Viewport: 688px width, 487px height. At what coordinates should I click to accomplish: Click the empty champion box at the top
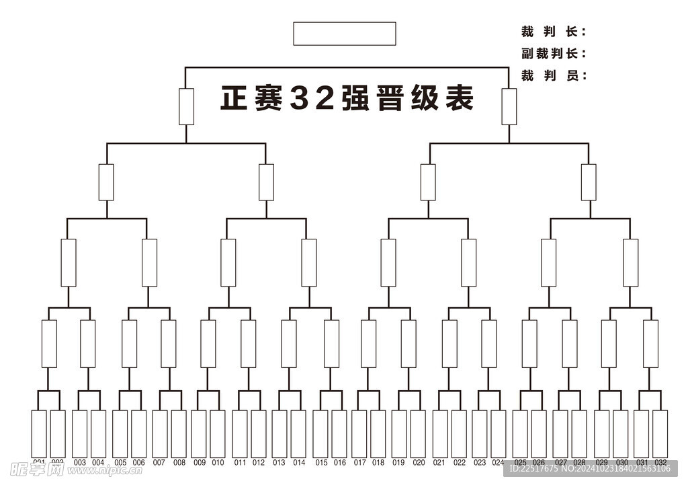(344, 34)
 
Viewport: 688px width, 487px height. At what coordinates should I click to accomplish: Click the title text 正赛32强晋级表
(347, 98)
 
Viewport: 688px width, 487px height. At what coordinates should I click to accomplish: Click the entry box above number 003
(79, 434)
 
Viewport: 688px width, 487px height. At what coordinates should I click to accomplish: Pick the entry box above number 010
(218, 434)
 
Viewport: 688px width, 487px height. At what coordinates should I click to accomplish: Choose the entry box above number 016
(339, 434)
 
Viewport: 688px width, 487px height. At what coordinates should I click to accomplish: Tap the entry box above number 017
(359, 434)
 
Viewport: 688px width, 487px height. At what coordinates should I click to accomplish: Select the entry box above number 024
(498, 434)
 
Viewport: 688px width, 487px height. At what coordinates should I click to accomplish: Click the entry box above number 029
(601, 434)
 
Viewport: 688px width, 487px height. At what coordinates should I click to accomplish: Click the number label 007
(159, 463)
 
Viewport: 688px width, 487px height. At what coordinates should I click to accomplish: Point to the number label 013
(279, 463)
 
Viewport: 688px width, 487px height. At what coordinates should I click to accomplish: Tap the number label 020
(419, 463)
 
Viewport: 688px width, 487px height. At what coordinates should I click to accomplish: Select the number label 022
(459, 463)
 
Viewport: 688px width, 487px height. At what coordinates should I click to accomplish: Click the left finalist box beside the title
(186, 106)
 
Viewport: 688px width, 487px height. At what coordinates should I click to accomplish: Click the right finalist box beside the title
(509, 106)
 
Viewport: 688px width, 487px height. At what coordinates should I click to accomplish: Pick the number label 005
(120, 463)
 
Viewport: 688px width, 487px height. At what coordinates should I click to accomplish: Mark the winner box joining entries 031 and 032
(650, 344)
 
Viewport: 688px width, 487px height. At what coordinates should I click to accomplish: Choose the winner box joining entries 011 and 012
(249, 344)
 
